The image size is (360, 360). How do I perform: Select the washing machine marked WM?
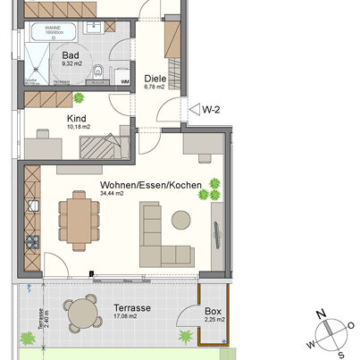[x=124, y=81]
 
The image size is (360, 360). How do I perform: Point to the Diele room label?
[x=155, y=77]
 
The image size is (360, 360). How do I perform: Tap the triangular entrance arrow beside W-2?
[x=191, y=110]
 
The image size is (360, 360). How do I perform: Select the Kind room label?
[x=78, y=117]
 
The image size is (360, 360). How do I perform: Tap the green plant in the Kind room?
[x=79, y=97]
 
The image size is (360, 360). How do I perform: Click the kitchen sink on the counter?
[x=33, y=207]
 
